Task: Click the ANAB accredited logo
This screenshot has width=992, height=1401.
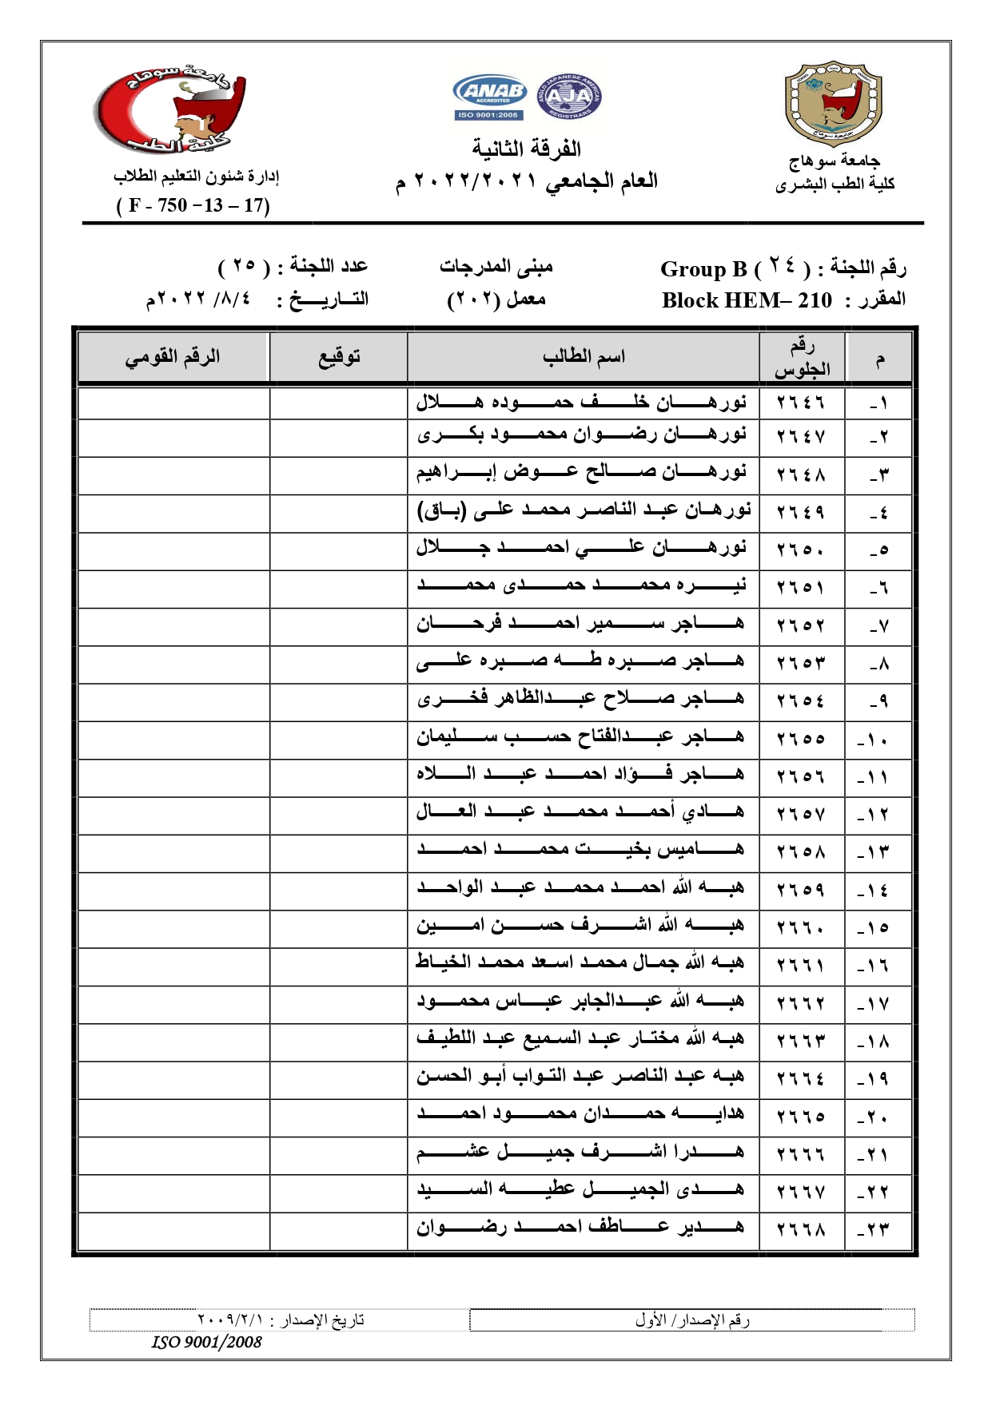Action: (x=489, y=97)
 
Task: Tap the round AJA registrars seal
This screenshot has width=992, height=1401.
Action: (x=568, y=97)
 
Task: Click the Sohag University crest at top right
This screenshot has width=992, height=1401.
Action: (x=833, y=105)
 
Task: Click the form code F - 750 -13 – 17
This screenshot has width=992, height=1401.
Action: (x=193, y=205)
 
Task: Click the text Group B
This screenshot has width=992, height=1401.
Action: (x=703, y=269)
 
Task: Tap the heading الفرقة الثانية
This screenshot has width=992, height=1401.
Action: (x=526, y=149)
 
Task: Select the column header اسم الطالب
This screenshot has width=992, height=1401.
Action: (x=583, y=356)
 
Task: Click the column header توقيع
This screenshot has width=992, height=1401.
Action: (x=339, y=356)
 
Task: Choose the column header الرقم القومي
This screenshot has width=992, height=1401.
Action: (x=173, y=356)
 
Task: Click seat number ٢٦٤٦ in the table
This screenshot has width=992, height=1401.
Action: (x=800, y=403)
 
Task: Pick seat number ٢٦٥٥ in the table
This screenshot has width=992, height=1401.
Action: (x=800, y=739)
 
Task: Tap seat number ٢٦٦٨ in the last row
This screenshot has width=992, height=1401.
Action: (x=800, y=1229)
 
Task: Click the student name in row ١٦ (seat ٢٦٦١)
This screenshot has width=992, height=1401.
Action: (x=581, y=962)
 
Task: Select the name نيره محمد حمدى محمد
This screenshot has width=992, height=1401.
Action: (x=581, y=585)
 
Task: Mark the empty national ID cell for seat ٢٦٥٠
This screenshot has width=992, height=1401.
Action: (x=173, y=550)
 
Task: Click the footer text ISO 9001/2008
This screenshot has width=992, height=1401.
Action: (x=207, y=1342)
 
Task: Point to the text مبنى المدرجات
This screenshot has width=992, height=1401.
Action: (x=496, y=267)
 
